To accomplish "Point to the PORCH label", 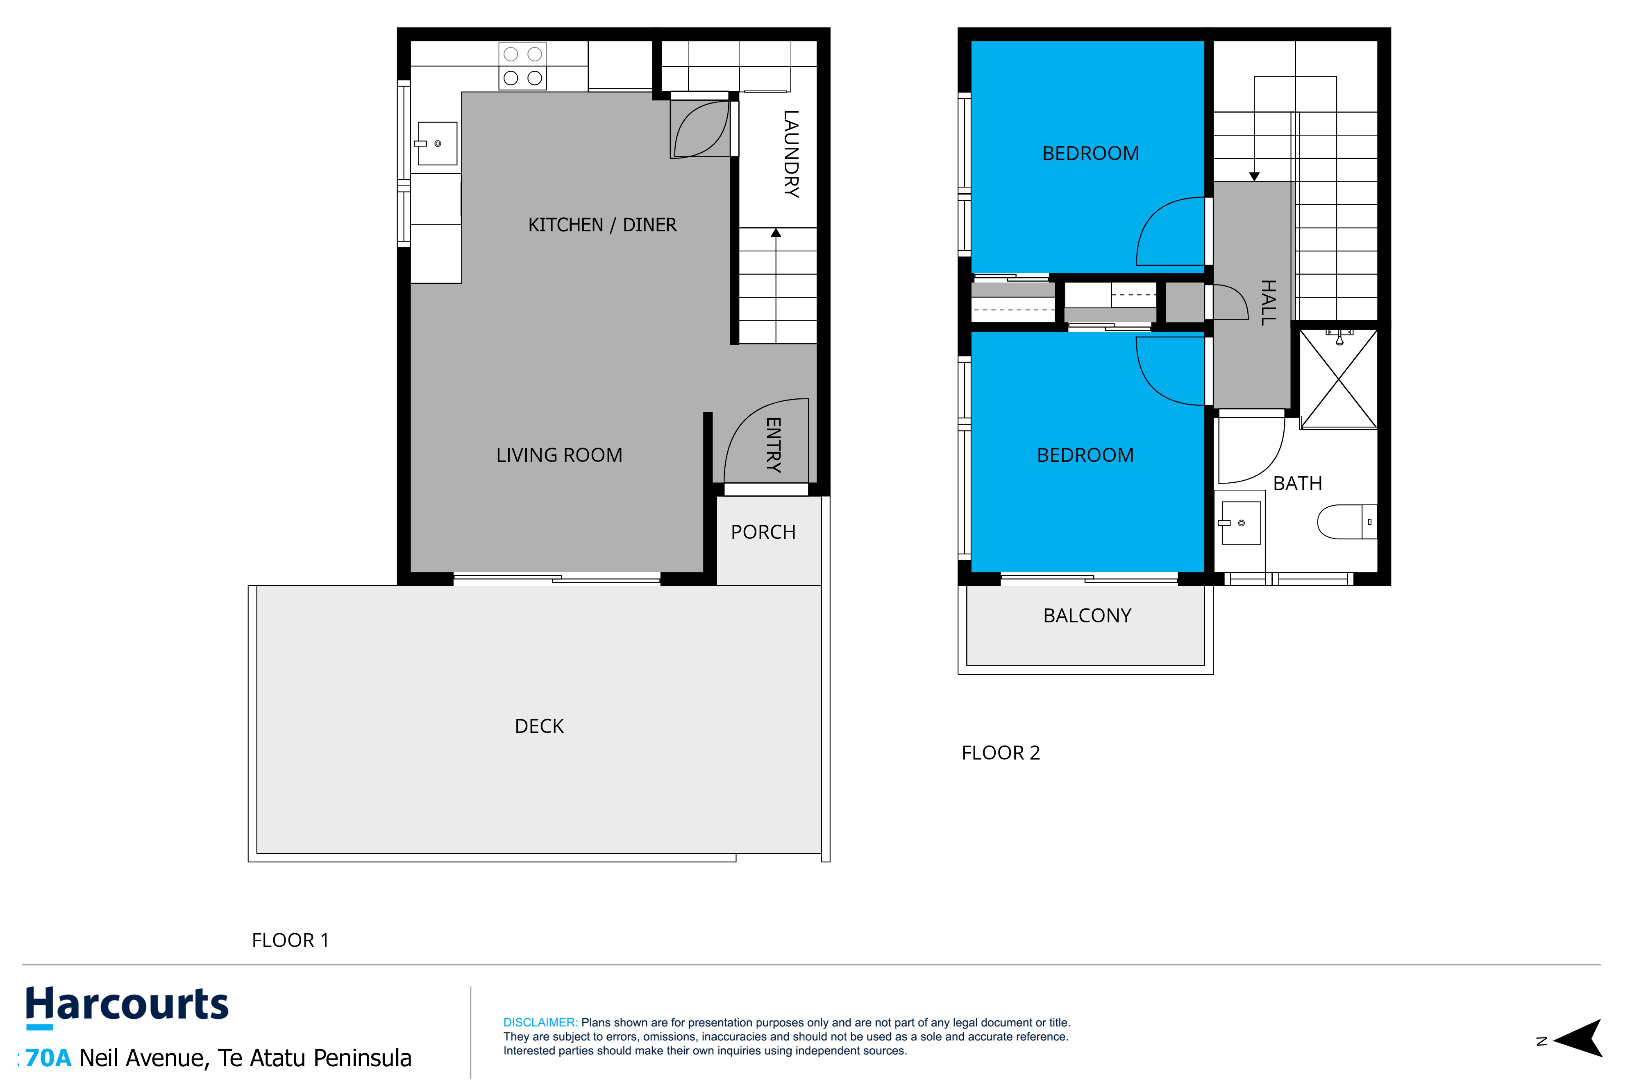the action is tap(763, 532).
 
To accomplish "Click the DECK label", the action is tap(539, 726).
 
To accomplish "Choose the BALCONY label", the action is tap(1087, 616).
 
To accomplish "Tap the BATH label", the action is tap(1298, 483).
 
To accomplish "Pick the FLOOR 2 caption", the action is tap(1001, 753).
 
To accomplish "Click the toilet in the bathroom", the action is tap(1347, 522).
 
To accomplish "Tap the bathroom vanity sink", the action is tap(1240, 523).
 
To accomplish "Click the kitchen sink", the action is tap(437, 143).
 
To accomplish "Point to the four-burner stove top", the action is tap(523, 66).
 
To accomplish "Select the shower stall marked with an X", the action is tap(1339, 379).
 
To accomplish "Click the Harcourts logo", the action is tap(127, 1006).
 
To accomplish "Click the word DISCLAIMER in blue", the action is tap(540, 1022).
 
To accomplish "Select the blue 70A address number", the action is tap(48, 1058).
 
